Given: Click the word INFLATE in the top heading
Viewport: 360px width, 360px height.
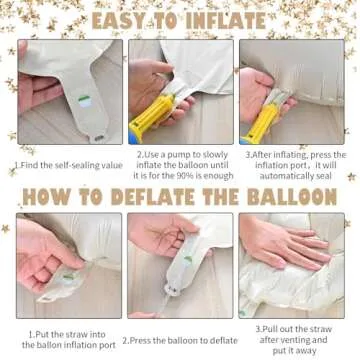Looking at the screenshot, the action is point(226,21).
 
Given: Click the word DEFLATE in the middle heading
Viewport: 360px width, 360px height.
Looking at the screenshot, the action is point(153,197).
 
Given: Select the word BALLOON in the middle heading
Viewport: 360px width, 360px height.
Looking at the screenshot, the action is point(292,197).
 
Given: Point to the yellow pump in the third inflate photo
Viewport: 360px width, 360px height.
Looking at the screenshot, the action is point(262,122).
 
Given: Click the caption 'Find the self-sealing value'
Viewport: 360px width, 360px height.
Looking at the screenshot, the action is point(69,165).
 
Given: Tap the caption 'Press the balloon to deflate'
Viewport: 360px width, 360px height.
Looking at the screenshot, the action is point(180,340).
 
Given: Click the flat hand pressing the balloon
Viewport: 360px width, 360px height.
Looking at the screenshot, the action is point(287,245).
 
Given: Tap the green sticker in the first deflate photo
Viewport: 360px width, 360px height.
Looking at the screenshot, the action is point(69,277).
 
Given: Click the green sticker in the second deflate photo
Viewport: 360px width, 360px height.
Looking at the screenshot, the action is point(188,259).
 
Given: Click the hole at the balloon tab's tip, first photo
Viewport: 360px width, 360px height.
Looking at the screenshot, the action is point(99,138).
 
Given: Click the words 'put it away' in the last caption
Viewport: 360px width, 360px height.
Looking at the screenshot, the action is point(294,350).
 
